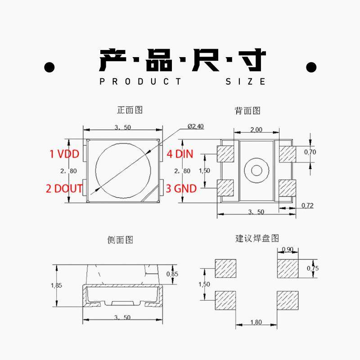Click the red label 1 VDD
coord(64,154)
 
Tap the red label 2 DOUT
coord(64,188)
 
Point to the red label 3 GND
coord(181,188)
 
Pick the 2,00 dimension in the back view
coord(256,130)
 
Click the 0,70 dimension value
coord(310,152)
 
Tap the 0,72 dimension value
coord(307,206)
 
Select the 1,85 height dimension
coord(57,285)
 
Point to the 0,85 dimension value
coord(172,274)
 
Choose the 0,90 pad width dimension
coord(287,250)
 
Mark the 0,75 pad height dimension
coord(312,268)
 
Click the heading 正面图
coord(130,110)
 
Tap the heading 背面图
coord(247,111)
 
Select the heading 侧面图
coord(120,240)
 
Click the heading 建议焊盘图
coord(257,238)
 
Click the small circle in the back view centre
coord(256,170)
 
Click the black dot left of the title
coord(49,68)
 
